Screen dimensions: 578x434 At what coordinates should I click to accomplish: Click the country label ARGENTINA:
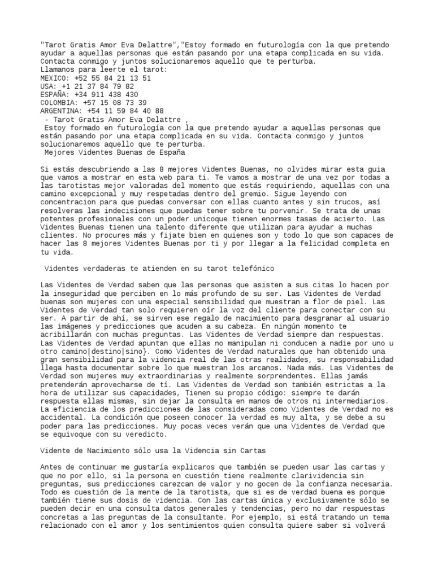(62, 111)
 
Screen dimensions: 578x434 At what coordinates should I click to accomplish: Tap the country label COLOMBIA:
(60, 103)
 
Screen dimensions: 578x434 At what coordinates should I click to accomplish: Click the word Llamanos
(58, 70)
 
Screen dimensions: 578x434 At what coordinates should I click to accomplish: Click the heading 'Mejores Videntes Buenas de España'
(115, 152)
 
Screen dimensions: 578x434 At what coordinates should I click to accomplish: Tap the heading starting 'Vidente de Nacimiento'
(153, 452)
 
